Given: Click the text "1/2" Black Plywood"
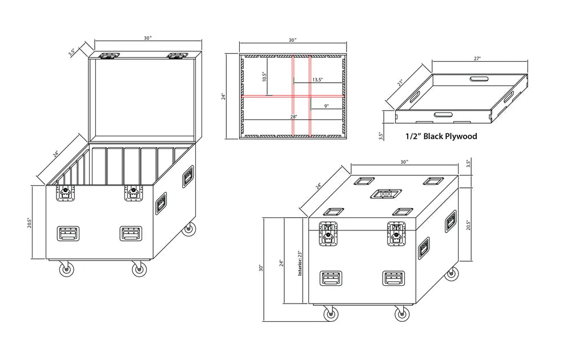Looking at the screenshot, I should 441,136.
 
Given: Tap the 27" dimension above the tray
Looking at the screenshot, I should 477,58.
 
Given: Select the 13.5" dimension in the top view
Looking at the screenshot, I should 317,80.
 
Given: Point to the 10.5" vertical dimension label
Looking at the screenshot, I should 264,77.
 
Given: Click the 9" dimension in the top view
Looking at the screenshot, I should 325,106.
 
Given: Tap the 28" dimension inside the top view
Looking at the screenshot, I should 293,116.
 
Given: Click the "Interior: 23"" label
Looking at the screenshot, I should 300,263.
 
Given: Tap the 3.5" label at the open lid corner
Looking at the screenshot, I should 71,52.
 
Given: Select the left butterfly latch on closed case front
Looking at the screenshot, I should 328,234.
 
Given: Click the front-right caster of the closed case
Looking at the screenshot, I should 401,314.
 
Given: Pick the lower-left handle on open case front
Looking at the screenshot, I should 69,233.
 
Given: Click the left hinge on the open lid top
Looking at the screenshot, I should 110,56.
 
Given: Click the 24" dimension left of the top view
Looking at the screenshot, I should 224,96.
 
